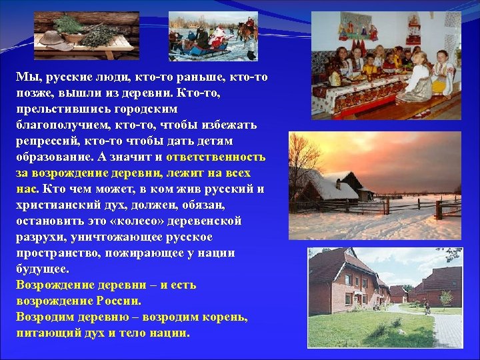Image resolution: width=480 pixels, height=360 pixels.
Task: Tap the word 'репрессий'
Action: coord(45,141)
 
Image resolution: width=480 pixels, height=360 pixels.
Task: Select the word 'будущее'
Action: coord(41,269)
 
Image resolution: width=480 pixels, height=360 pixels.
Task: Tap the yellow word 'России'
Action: coord(117,301)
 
